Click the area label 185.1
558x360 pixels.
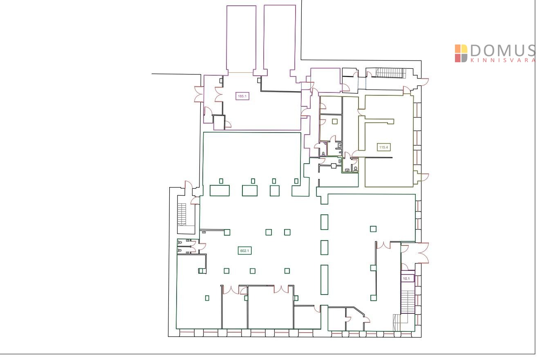242,96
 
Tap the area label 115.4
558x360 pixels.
383,147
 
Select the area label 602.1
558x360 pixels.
244,250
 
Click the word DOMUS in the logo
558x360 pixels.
503,51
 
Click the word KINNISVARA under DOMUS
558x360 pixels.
503,60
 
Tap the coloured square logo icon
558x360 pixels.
461,53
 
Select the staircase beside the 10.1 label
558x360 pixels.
408,301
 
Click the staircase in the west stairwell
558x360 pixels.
182,214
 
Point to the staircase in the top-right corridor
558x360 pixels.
391,73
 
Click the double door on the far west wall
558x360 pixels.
199,94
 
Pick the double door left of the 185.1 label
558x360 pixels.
219,94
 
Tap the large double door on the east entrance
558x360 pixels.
424,253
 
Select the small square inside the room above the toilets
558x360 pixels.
334,122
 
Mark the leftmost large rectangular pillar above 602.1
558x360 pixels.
220,191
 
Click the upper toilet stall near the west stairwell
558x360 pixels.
184,242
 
